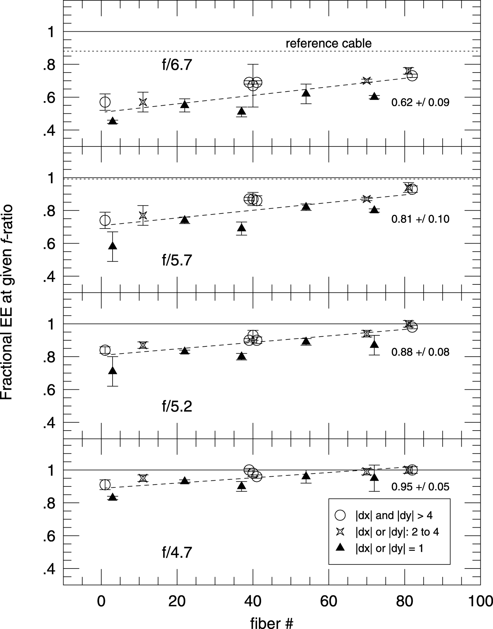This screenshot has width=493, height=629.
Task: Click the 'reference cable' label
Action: point(329,43)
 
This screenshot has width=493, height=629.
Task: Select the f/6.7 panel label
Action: point(177,65)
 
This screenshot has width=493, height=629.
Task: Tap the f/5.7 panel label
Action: point(177,260)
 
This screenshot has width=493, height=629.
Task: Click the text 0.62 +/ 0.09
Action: point(420,102)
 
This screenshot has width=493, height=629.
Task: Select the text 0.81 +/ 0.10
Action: point(420,219)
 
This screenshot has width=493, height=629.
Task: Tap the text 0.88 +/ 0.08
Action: point(420,352)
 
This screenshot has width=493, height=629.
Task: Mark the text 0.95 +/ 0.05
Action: point(420,487)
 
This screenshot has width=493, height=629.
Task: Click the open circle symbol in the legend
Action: point(340,515)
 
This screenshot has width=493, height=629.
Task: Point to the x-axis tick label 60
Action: point(329,602)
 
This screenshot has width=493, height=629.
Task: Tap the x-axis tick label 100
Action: point(480,602)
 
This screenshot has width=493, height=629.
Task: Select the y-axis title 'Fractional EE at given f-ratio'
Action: point(7,303)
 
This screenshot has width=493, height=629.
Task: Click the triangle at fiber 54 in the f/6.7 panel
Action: point(306,93)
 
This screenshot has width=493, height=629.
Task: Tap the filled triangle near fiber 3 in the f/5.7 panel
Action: point(113,246)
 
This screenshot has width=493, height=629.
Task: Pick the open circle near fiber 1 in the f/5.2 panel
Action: point(105,350)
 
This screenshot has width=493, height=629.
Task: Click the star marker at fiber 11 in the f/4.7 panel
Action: point(143,478)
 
